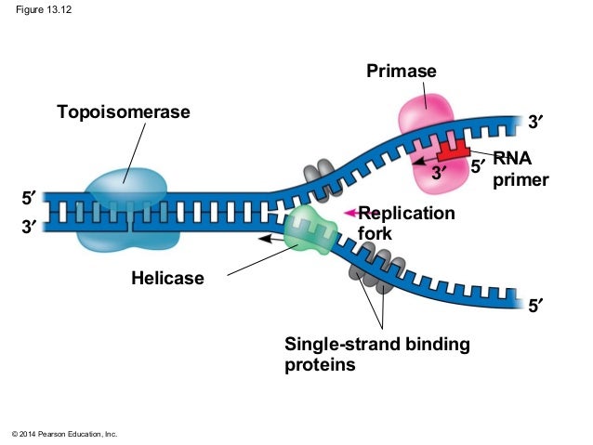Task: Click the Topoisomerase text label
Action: [x=123, y=112]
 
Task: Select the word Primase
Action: [x=401, y=72]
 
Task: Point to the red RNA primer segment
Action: [x=455, y=149]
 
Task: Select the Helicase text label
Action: [x=167, y=278]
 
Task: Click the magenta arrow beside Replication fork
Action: [x=349, y=213]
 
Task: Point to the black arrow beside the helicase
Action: [x=271, y=239]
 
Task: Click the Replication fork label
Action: [x=406, y=224]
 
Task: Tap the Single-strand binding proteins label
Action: [x=376, y=354]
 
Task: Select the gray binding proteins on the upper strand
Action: [x=318, y=171]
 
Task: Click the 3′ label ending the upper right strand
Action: [x=537, y=121]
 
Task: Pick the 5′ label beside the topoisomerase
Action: [x=30, y=199]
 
